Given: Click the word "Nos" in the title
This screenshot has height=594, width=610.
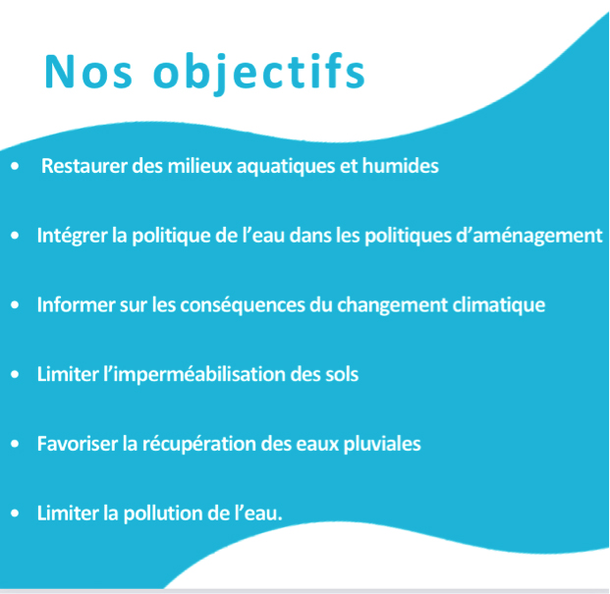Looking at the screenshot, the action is pos(88,73).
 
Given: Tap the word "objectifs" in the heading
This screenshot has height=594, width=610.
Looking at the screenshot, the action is pos(259,73).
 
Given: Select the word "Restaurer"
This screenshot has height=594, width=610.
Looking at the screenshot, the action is pos(84,166).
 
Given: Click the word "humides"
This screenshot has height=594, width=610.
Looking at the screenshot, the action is pos(401,166).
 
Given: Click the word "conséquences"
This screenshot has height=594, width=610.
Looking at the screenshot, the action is pos(243,305).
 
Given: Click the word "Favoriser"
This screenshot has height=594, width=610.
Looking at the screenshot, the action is pos(78,444).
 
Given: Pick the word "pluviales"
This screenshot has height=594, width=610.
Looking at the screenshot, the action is pos(382,445).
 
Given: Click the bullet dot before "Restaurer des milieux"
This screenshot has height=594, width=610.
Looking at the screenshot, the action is pos(15,166).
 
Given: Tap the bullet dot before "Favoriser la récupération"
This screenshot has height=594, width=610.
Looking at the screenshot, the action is pos(15,444).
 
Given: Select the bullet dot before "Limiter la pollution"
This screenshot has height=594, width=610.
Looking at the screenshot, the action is pos(15,513).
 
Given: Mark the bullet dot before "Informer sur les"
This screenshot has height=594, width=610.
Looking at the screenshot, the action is pos(15,304).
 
